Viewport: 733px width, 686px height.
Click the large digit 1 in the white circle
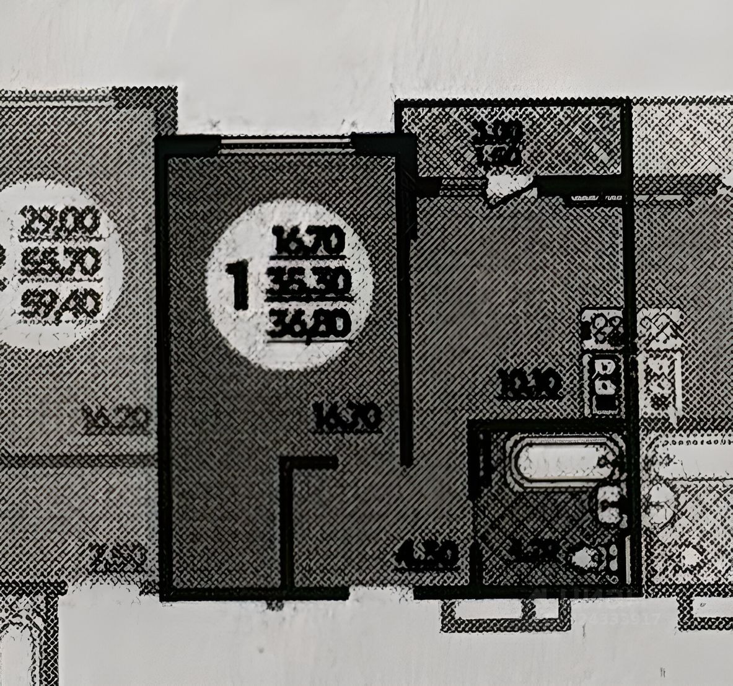(239, 286)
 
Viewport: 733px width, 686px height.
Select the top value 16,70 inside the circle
(308, 241)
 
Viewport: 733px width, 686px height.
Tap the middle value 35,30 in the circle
(309, 284)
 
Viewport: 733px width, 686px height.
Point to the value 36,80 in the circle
(310, 324)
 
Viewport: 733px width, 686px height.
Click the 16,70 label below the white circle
(346, 417)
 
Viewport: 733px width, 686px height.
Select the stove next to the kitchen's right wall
(602, 325)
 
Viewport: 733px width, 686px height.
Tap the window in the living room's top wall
(285, 144)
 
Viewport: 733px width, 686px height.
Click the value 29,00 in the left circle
(60, 222)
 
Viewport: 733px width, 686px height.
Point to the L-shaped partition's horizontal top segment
(309, 462)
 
